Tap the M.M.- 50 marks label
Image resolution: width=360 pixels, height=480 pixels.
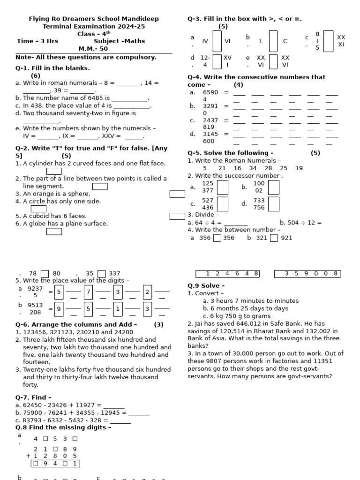(93, 49)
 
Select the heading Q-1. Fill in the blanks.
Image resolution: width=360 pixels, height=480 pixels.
(52, 68)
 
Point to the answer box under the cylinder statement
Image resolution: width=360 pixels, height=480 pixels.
(54, 172)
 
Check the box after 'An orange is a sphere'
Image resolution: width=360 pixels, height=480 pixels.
(177, 194)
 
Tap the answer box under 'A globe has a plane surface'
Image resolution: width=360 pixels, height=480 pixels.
(54, 231)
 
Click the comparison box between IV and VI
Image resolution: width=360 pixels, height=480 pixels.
(217, 41)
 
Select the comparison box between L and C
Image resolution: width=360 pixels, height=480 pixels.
(273, 41)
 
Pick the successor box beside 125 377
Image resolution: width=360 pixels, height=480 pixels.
(223, 187)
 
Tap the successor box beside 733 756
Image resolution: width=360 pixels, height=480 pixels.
(274, 204)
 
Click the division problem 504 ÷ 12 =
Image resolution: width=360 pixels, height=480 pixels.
(300, 223)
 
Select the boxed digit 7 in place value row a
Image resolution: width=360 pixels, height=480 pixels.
(88, 292)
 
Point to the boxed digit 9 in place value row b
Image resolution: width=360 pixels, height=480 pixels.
(59, 309)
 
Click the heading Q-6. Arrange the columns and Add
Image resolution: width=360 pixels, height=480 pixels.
(76, 324)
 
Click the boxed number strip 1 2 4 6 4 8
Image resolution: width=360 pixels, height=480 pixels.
(227, 274)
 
